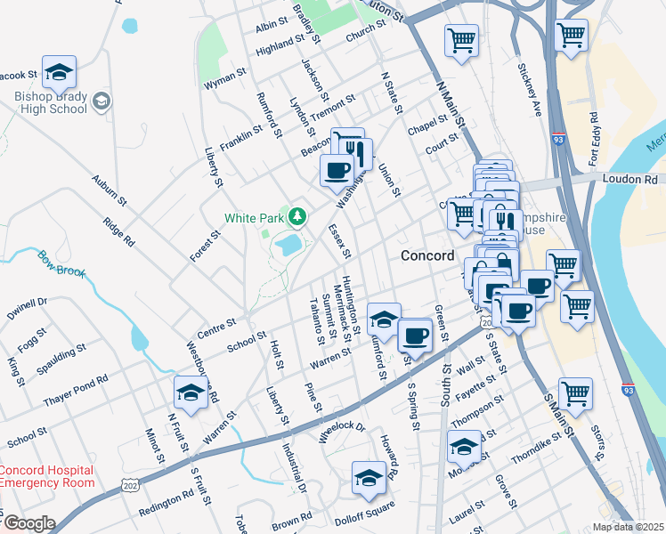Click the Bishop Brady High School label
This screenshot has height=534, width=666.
coord(50,102)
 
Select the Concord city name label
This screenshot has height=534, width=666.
coord(428,255)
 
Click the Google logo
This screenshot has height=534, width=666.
coord(28,523)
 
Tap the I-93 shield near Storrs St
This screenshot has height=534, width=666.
coord(629,390)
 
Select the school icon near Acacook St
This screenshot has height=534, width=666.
coord(59,72)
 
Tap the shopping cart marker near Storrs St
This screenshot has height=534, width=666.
coord(576,392)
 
